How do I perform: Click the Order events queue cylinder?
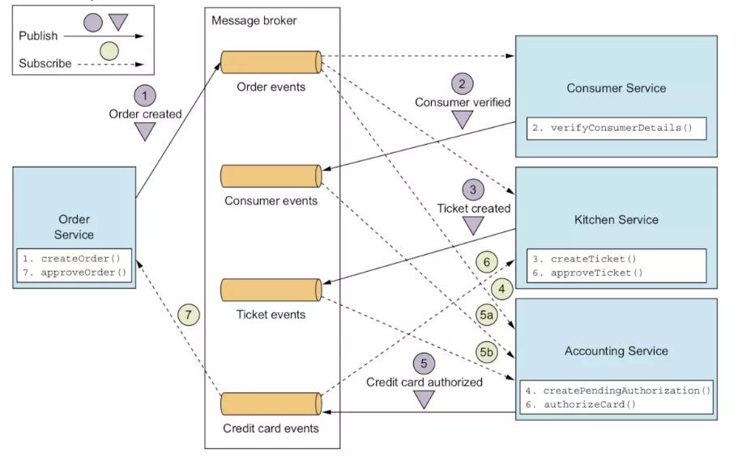[x=271, y=62]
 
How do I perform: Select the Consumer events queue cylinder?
[x=271, y=176]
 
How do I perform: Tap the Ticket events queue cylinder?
[x=271, y=290]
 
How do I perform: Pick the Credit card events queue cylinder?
[x=271, y=404]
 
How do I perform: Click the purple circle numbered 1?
[x=145, y=96]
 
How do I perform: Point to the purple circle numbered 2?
[x=463, y=84]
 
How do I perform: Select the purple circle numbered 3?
[x=473, y=190]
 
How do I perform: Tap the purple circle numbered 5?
[x=424, y=363]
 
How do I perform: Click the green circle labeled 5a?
[x=486, y=315]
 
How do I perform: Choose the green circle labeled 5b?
[x=486, y=352]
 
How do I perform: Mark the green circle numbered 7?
[x=189, y=315]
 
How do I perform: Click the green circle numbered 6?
[x=487, y=262]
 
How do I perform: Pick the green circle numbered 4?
[x=501, y=289]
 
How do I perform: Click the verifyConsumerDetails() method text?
[x=621, y=128]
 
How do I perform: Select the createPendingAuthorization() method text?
[x=626, y=391]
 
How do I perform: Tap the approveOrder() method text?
[x=83, y=273]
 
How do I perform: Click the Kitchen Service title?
[x=616, y=219]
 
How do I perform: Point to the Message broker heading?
[x=254, y=21]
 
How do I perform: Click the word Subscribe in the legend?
[x=45, y=63]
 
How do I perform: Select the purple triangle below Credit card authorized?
[x=424, y=400]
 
